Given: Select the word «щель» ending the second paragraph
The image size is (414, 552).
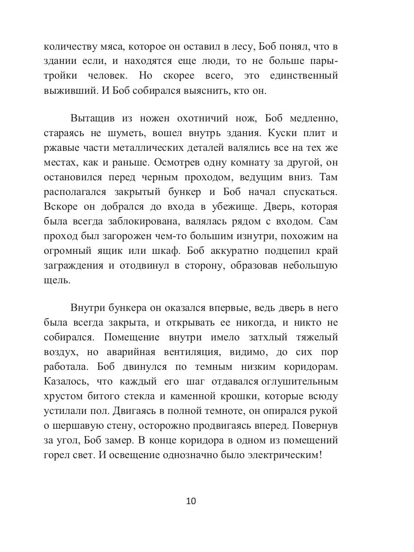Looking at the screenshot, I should pos(57,281).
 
